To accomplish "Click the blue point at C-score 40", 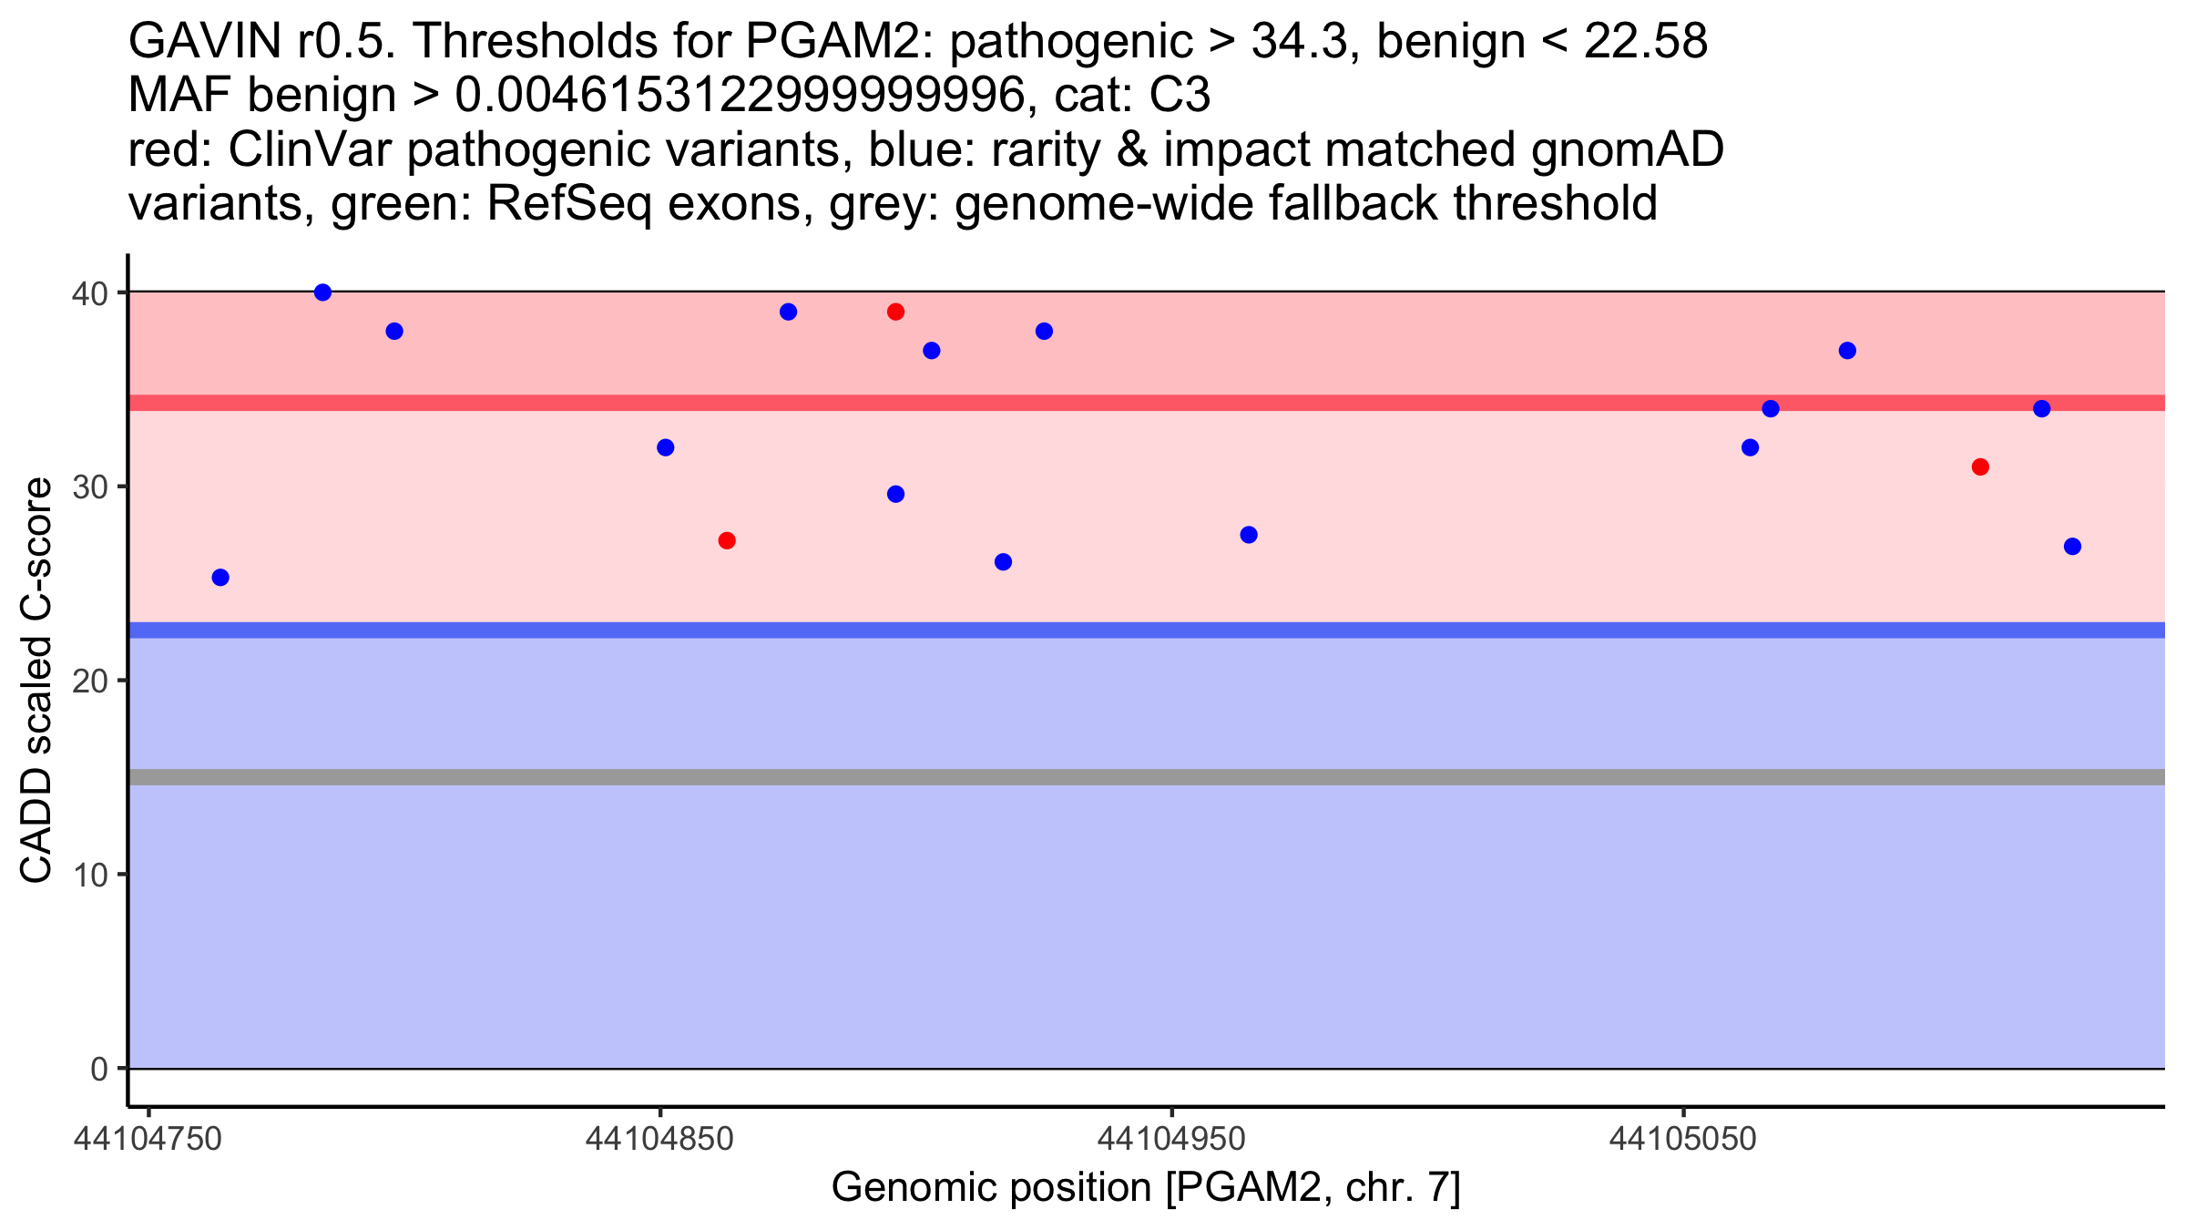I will coord(322,292).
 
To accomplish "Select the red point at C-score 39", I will coord(895,312).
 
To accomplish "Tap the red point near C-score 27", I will coord(727,540).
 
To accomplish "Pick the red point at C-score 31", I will coord(1980,466).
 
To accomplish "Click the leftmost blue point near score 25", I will coord(220,577).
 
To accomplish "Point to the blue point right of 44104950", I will coord(1249,535).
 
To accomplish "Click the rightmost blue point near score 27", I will coord(2072,547).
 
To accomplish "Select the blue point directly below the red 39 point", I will coord(895,494).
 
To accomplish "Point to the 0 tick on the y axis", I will coord(98,1069).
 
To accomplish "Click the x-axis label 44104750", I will coord(148,1139).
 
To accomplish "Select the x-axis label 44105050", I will coord(1682,1139).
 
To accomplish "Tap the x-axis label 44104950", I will coord(1171,1139).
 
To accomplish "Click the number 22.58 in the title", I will coord(1645,41).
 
